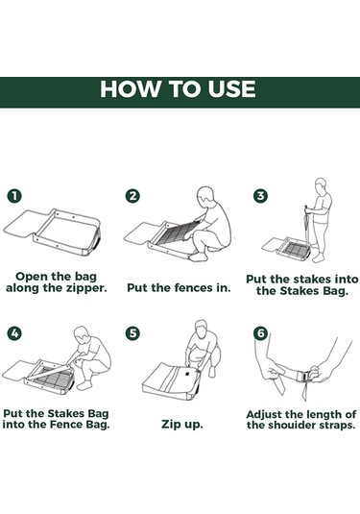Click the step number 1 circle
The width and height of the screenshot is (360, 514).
click(x=14, y=196)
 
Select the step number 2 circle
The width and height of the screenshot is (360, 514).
click(x=132, y=196)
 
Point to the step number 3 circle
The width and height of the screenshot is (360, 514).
click(x=260, y=196)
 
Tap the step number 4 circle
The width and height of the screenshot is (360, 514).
click(x=14, y=333)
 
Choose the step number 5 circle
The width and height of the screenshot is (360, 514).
click(x=132, y=333)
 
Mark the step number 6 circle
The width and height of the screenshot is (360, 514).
click(x=260, y=333)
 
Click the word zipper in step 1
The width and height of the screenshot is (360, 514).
click(x=86, y=288)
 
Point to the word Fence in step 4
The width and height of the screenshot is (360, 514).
click(x=66, y=425)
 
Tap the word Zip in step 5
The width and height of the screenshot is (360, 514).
click(x=170, y=425)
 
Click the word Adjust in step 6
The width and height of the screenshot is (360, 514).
click(x=264, y=415)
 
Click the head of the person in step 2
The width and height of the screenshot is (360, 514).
click(x=205, y=196)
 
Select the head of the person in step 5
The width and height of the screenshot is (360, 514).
click(x=202, y=329)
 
